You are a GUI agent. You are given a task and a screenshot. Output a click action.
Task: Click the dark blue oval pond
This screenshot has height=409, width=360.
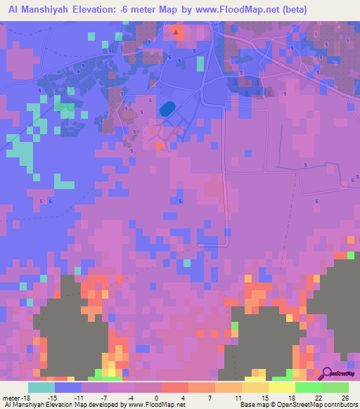click(x=167, y=109)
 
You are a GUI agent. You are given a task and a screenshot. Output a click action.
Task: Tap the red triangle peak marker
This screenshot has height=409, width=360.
click(x=175, y=32)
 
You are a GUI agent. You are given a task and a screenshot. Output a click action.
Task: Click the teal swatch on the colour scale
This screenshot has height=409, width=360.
click(x=41, y=387)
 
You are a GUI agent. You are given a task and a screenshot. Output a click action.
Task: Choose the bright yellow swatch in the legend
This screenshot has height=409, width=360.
click(x=281, y=387)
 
